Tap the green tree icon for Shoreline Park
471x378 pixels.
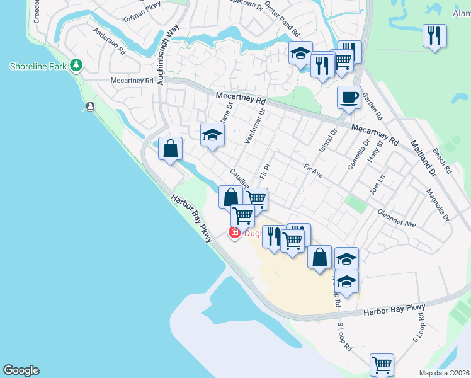point(76,65)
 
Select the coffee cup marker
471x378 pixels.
point(349,98)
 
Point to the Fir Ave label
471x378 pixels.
point(313,170)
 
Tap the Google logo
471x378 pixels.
point(21,370)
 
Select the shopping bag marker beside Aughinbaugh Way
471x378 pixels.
point(171,150)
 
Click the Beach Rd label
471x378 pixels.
point(442,161)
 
